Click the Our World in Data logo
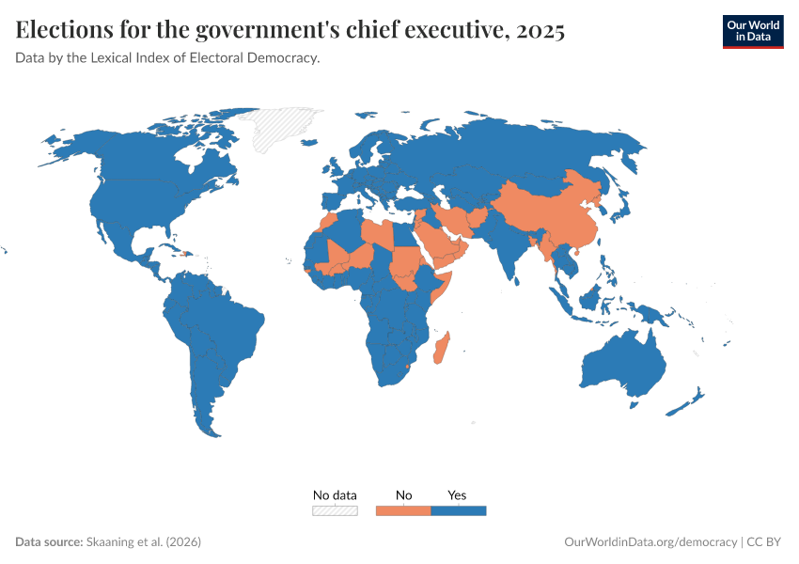coord(752,30)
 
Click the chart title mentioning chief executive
coord(290,31)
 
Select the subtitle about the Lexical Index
coord(168,58)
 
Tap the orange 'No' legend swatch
coord(403,510)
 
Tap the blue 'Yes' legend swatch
coord(458,510)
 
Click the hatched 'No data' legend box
coord(335,510)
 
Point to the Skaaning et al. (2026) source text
coord(143,542)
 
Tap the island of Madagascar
coord(440,349)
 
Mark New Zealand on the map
coord(687,404)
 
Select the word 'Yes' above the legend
coord(457,494)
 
